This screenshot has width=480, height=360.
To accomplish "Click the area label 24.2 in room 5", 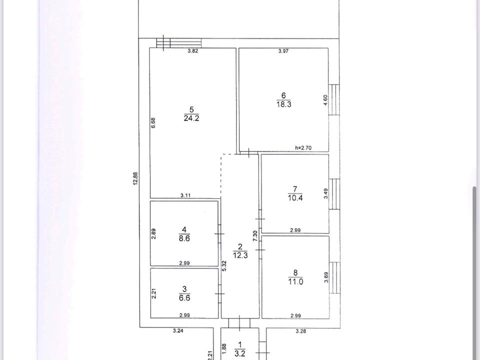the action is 191,118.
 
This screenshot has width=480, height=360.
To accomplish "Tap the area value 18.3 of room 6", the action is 284,104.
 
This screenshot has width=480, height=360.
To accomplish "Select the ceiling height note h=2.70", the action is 303,148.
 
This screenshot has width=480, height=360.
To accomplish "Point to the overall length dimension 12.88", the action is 136,178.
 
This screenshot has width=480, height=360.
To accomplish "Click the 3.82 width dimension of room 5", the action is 192,51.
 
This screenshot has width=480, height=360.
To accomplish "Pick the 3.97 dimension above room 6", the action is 283,51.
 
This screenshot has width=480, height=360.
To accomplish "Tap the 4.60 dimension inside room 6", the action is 325,100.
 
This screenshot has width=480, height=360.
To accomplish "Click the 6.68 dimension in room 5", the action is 153,123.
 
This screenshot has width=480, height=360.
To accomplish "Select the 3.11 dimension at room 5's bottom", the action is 185,195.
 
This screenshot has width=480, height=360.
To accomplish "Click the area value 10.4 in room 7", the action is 295,198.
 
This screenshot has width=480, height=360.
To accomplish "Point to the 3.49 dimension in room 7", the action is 325,193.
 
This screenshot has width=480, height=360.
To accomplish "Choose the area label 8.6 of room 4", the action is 184,238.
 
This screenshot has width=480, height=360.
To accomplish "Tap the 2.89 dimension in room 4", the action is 153,234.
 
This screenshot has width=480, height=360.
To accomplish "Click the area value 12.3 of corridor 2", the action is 240,255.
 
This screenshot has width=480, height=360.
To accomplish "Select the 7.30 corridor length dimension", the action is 255,235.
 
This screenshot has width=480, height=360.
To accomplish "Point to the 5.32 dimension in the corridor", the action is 224,265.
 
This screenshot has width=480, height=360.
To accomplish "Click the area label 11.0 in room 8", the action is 295,281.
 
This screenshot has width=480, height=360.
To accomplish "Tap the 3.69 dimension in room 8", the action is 326,277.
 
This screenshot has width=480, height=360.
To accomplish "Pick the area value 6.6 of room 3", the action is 184,297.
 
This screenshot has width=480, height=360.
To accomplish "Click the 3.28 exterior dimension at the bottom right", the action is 301,331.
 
